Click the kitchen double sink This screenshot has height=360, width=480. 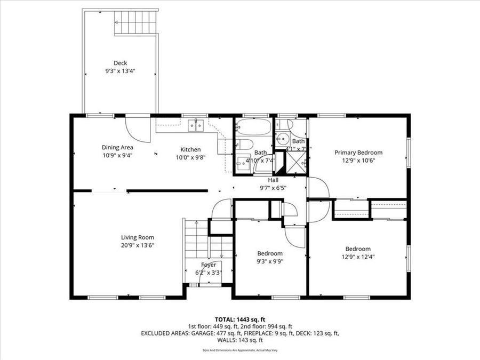click(195, 126)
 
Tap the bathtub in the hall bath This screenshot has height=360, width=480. click(253, 127)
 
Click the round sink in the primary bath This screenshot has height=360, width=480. click(281, 139)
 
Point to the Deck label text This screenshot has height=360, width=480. click(120, 62)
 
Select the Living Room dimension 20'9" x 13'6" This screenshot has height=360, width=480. click(138, 245)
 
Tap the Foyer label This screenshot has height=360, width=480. click(208, 265)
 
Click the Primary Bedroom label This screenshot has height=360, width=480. click(358, 153)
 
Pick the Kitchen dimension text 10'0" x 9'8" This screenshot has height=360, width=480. click(190, 157)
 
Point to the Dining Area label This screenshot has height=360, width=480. click(117, 147)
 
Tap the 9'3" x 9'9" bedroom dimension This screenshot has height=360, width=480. click(270, 261)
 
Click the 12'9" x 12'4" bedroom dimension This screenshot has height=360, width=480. click(357, 257)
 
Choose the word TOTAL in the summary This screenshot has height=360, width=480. click(225, 318)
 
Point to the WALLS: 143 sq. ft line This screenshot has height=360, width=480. click(240, 340)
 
